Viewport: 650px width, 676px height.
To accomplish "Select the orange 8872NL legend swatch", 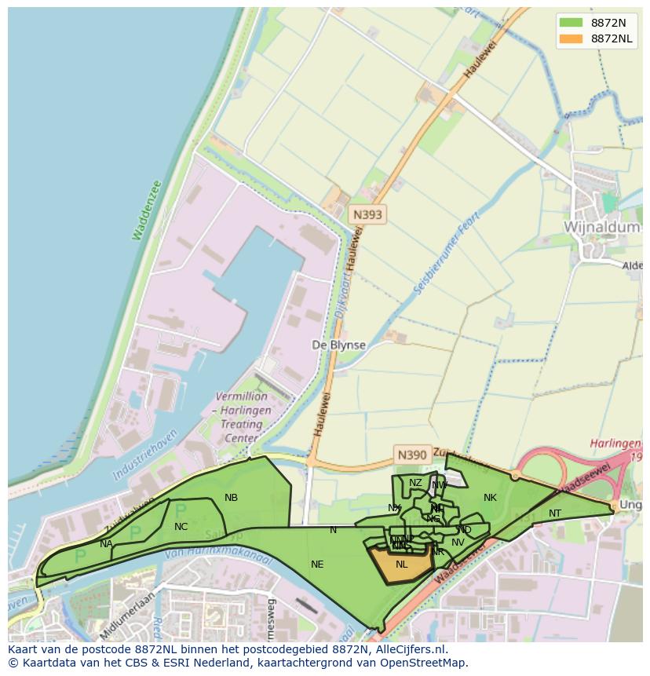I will [571, 38].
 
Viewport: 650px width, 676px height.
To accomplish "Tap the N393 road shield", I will [367, 214].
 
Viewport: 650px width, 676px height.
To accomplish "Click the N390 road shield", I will [411, 455].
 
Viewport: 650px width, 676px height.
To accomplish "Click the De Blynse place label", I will [338, 345].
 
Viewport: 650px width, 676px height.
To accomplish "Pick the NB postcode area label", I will [231, 498].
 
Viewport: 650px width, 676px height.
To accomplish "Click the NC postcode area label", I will [181, 527].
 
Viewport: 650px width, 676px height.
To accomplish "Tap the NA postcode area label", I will [106, 543].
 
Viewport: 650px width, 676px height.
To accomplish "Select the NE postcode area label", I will [317, 565].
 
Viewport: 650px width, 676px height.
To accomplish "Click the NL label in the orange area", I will [402, 565].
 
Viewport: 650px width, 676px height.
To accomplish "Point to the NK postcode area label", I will [490, 498].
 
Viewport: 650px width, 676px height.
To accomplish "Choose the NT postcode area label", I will [555, 513].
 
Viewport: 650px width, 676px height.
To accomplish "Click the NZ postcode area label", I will [415, 483].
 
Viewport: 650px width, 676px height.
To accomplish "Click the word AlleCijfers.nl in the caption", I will [408, 649].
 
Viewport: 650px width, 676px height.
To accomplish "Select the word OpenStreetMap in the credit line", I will [423, 663].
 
